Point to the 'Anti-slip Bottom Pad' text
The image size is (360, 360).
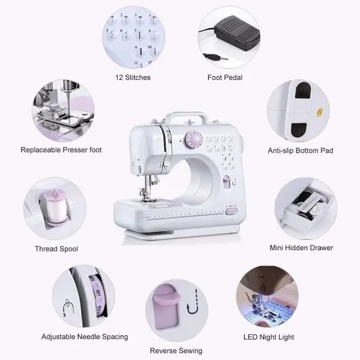301,151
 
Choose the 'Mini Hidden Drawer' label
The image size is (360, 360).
301,248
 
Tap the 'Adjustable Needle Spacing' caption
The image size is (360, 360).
84,337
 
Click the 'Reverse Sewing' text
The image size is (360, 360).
175,350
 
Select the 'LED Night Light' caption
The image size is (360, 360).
269,337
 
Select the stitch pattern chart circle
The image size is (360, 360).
134,36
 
